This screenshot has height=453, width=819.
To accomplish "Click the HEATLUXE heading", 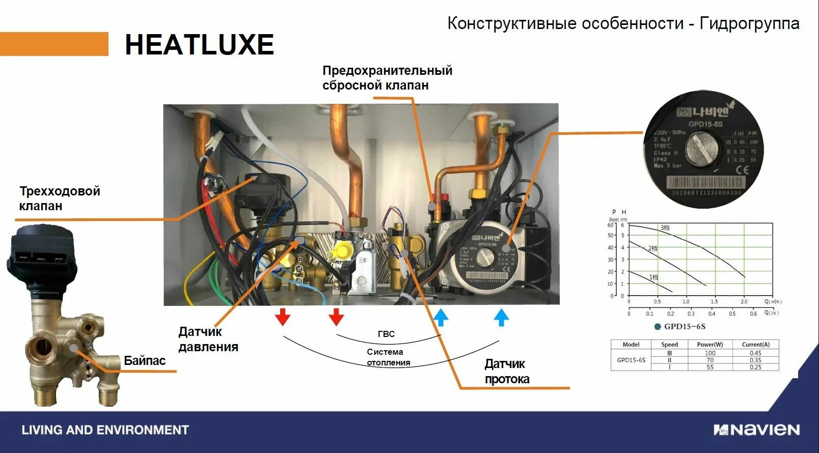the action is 199,45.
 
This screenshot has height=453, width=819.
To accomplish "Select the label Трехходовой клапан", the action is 60,199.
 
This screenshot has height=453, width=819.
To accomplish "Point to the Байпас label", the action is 145,361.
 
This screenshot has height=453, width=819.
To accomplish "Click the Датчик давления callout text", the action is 208,339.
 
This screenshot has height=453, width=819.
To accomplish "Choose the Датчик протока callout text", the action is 507,372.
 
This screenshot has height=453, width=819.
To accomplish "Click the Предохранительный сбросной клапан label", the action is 387,78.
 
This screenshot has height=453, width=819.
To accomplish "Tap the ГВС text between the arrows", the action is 386,334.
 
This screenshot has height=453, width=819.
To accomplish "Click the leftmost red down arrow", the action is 283,317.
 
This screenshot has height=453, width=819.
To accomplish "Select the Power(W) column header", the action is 709,345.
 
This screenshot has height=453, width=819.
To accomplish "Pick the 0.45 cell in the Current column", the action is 755,353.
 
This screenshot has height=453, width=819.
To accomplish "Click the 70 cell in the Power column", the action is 709,360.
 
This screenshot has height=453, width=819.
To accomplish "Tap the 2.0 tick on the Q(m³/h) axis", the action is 744,301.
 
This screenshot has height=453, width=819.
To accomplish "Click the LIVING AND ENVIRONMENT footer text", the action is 105,430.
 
